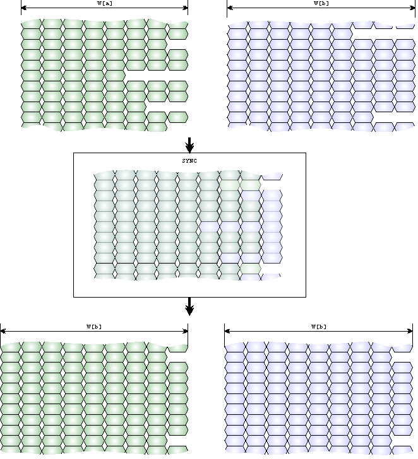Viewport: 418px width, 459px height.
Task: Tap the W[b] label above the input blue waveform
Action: pyautogui.click(x=321, y=3)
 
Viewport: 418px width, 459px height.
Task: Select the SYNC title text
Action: pyautogui.click(x=189, y=161)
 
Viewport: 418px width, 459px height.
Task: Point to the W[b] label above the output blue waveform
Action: pyautogui.click(x=319, y=327)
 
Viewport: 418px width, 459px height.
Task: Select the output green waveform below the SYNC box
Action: pyautogui.click(x=94, y=397)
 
